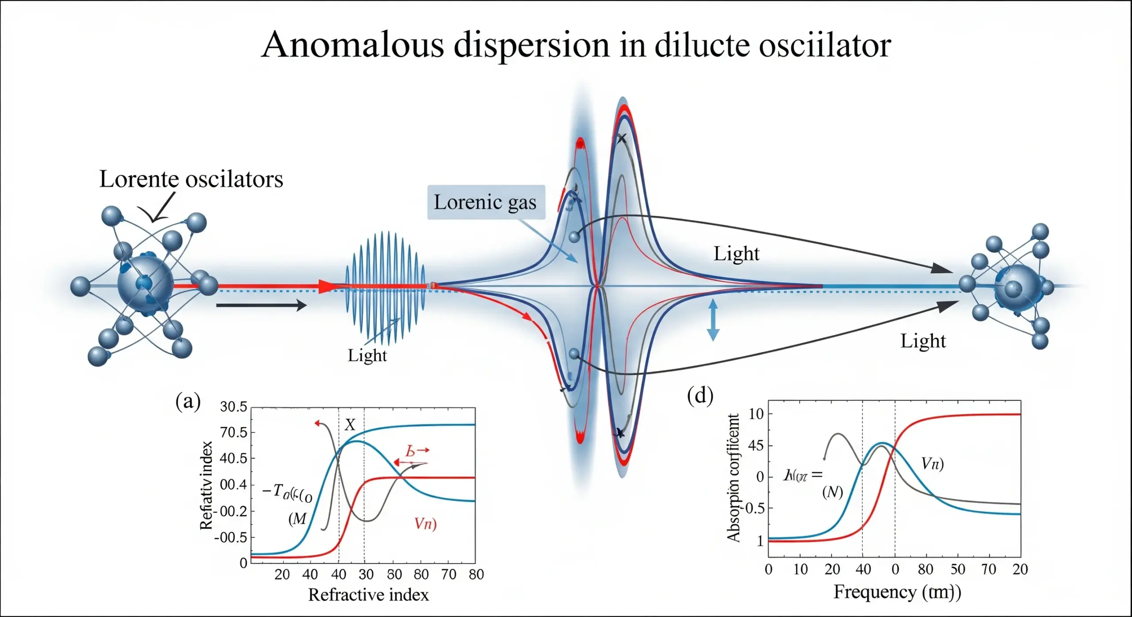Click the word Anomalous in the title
tap(352, 45)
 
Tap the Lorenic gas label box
tap(486, 202)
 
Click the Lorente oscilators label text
tap(191, 179)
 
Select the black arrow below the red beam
tap(261, 305)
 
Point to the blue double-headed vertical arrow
tap(712, 320)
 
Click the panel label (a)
tap(188, 401)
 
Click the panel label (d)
tap(700, 396)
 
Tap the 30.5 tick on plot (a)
tap(233, 407)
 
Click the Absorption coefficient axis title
tap(733, 477)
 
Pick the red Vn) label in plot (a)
tap(425, 524)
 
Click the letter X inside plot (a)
tap(350, 425)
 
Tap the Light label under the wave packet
tap(367, 355)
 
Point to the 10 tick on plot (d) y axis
tap(756, 414)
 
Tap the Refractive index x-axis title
tap(368, 595)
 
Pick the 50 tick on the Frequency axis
tap(958, 569)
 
